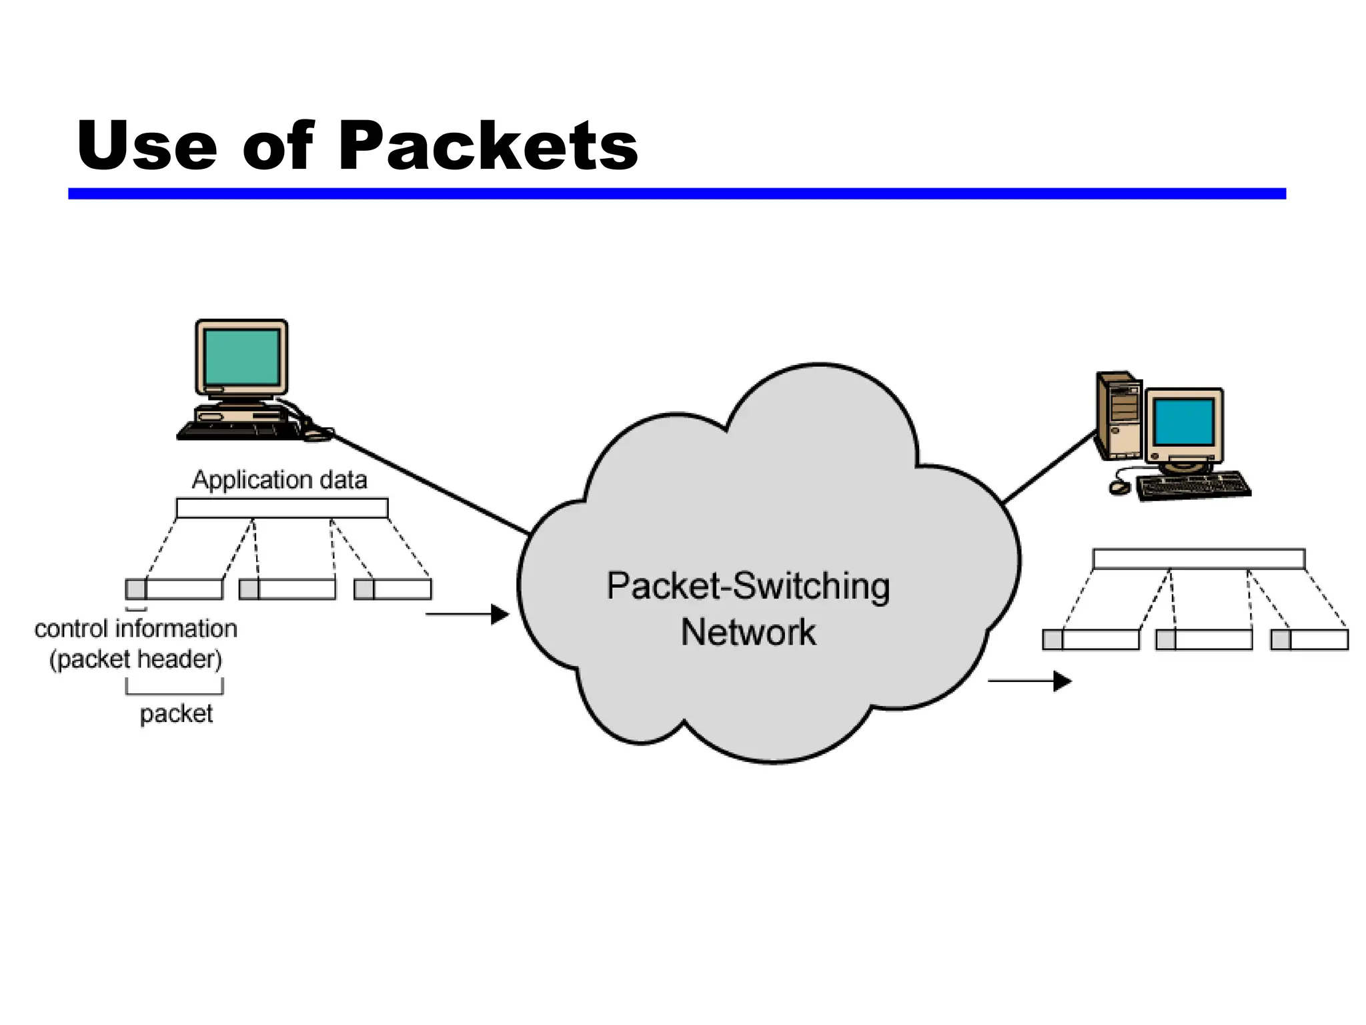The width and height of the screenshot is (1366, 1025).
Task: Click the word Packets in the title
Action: coord(488,145)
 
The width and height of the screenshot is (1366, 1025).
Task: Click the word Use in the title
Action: coord(147,145)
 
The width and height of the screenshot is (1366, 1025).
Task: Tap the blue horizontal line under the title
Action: coord(676,194)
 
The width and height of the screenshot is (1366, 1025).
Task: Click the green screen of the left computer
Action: coord(241,356)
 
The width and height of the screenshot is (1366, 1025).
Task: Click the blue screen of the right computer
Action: coord(1184,422)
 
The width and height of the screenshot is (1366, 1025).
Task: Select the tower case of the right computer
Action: coord(1119,415)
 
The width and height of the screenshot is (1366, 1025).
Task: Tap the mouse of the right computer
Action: coord(1119,488)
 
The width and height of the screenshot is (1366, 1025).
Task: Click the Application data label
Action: coord(279,480)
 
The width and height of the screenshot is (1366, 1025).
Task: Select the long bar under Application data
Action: coord(282,508)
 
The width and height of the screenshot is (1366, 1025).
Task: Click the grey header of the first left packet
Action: coord(136,589)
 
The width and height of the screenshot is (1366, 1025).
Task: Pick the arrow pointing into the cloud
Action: coord(467,614)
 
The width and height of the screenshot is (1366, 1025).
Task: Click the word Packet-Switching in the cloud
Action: coord(748,586)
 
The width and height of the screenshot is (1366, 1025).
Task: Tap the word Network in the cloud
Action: coord(748,632)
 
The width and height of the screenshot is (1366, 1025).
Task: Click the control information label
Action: coord(136,629)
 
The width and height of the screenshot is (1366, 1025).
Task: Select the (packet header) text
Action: coord(136,659)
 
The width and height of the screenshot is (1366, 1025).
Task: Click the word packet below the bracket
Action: coord(176,714)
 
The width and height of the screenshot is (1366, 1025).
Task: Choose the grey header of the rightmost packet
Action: coord(1281,640)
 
